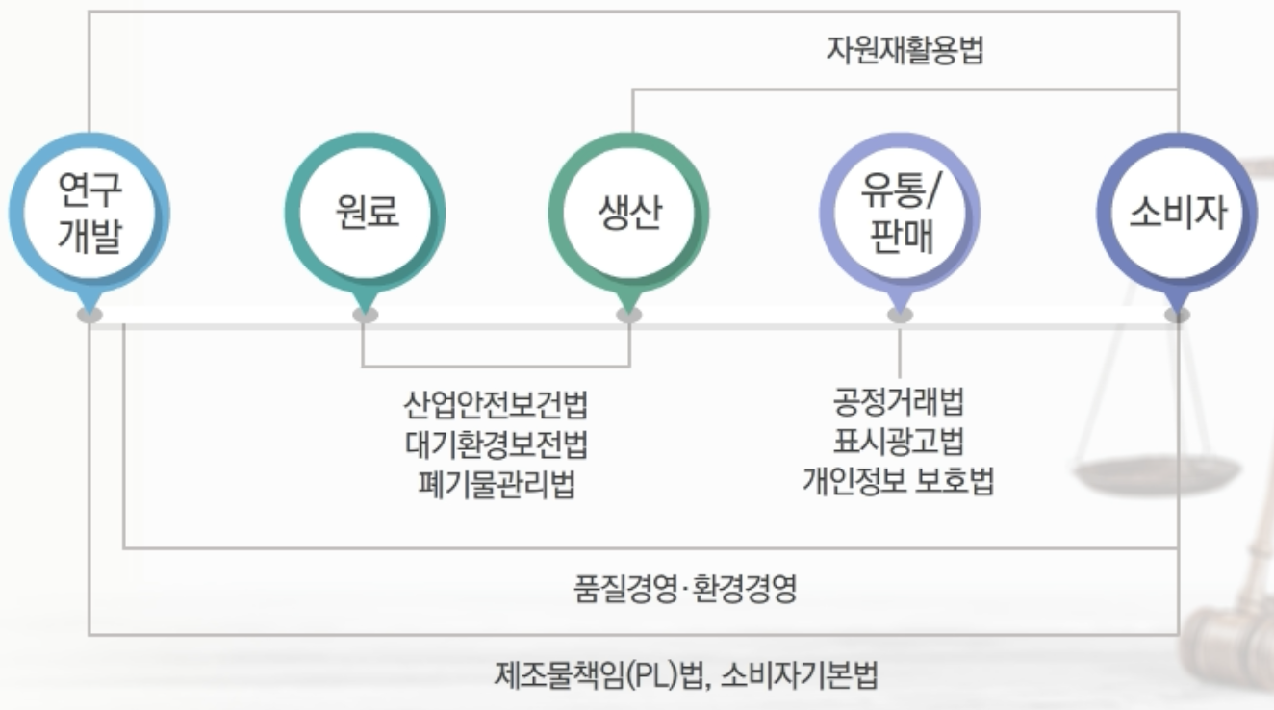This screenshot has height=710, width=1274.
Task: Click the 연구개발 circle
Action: click(89, 213)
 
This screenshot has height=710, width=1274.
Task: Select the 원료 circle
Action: click(365, 213)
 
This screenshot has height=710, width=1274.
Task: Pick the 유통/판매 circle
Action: click(900, 213)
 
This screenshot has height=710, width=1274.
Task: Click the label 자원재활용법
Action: click(905, 50)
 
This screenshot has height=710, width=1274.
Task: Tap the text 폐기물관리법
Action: click(495, 483)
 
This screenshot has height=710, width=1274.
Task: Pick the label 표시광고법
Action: click(899, 442)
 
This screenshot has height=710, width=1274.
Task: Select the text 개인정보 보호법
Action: click(899, 481)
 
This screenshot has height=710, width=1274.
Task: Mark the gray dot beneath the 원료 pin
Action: click(365, 315)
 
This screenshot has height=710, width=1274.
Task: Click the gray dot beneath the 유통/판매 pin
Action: click(900, 315)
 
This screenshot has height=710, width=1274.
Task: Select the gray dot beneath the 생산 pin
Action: click(629, 315)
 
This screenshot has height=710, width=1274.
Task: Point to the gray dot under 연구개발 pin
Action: click(89, 315)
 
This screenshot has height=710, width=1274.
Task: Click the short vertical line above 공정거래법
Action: click(900, 353)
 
